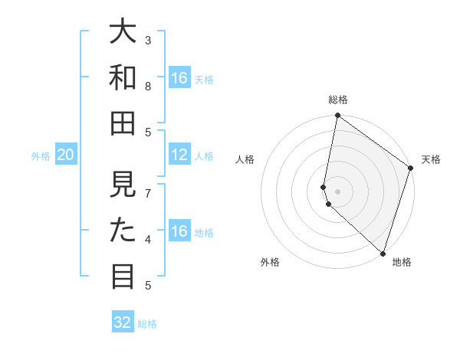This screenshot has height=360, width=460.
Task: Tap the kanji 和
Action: tap(123, 77)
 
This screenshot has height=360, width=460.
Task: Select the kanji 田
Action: tap(123, 123)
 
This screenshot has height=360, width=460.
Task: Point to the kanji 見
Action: tap(123, 184)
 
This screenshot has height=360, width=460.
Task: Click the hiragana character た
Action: tap(123, 230)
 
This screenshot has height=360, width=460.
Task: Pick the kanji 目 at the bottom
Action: tap(123, 276)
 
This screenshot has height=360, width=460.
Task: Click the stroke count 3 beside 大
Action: tap(149, 40)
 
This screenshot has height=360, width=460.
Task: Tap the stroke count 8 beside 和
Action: tap(149, 87)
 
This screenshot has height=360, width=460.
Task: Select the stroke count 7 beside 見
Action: tap(149, 193)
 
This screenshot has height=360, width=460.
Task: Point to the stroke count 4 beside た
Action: tap(149, 240)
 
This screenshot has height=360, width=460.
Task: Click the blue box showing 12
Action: tap(179, 155)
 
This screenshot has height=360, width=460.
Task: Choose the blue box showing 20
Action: tap(66, 155)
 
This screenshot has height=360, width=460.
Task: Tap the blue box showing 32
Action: tap(123, 322)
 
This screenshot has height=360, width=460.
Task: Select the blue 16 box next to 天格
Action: tap(179, 78)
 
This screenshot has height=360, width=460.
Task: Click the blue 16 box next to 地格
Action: tap(179, 231)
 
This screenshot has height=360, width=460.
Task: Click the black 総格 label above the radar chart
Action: tap(338, 100)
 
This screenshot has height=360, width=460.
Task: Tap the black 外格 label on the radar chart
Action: tap(270, 262)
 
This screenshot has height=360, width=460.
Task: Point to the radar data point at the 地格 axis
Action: tap(383, 254)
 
